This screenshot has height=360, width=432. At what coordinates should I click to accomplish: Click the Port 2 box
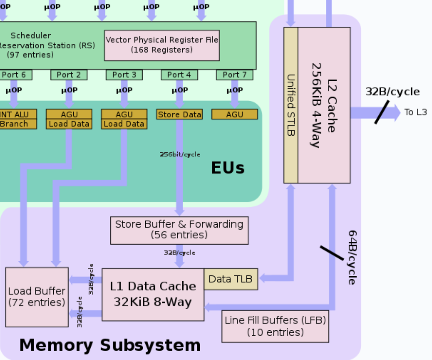click(69, 75)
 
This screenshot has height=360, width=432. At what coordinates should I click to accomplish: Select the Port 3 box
click(124, 75)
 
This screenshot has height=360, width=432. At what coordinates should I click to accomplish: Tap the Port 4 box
click(179, 75)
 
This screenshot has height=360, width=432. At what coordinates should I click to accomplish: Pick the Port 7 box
click(235, 75)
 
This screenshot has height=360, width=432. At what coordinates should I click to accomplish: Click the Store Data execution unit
click(179, 115)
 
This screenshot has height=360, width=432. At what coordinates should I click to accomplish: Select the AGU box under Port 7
click(235, 115)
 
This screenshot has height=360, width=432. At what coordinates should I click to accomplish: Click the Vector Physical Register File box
click(162, 45)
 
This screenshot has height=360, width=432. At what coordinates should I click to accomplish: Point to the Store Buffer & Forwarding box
click(179, 230)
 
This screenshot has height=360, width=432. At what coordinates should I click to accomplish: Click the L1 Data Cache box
click(153, 295)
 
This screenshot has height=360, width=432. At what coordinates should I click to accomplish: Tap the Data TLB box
click(231, 279)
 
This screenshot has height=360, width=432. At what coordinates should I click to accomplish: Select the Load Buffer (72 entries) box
click(37, 297)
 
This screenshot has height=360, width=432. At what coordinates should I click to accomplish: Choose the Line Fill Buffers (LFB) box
click(275, 326)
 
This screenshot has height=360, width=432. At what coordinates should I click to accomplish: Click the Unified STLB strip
click(291, 105)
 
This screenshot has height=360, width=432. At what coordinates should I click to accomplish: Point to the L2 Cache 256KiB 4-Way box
click(324, 105)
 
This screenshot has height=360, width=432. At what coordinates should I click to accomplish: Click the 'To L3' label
click(415, 113)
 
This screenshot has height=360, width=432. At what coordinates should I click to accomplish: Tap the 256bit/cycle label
click(180, 154)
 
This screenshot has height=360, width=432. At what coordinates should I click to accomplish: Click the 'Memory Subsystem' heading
click(110, 345)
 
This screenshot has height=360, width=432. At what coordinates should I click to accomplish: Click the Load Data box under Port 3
click(124, 124)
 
